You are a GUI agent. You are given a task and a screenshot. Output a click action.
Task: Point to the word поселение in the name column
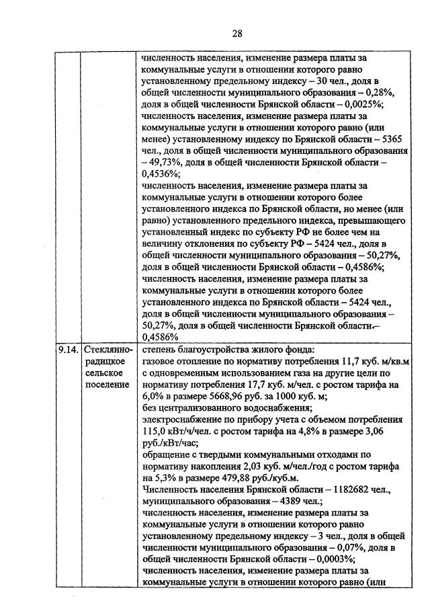(x=107, y=385)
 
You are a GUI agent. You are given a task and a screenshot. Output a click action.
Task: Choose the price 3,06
(x=392, y=431)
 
